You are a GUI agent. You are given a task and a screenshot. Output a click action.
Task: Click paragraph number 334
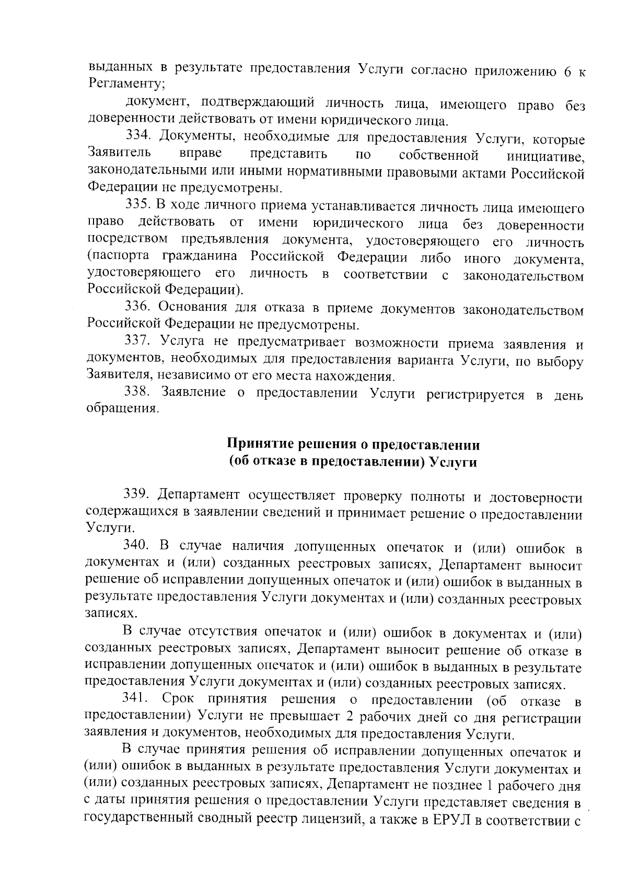click(139, 138)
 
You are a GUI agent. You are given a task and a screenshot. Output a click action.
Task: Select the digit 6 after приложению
click(567, 73)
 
